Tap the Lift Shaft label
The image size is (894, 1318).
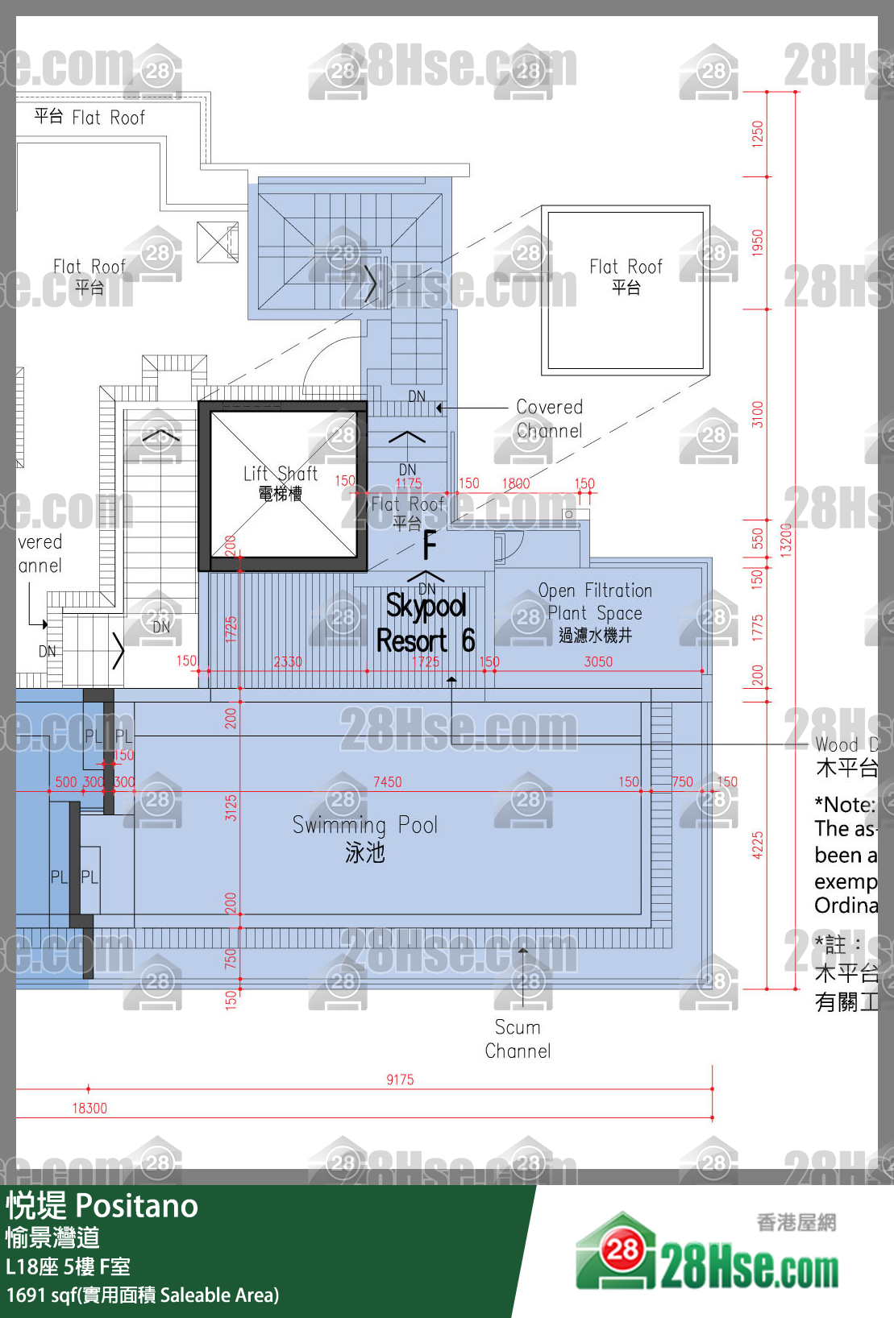pos(281,483)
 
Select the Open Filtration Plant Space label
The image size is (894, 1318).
pos(595,611)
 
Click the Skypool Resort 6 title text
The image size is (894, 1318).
pos(426,623)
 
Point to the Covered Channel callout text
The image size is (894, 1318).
pos(549,418)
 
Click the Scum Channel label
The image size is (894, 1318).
pos(518,1038)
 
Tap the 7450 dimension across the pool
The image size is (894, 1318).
pos(387,781)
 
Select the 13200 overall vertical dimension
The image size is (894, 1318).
pos(786,539)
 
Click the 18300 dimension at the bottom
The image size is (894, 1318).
pos(89,1108)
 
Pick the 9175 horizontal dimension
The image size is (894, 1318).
pos(400,1080)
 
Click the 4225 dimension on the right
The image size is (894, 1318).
pos(757,845)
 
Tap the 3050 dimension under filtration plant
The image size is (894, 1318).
pos(598,661)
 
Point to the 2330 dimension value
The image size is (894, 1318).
pos(288,661)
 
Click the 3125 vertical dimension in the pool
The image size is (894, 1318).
pos(231,806)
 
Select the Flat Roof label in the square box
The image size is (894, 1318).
pos(626,276)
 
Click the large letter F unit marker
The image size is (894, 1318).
pos(430,545)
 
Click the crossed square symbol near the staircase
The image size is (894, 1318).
pos(217,242)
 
